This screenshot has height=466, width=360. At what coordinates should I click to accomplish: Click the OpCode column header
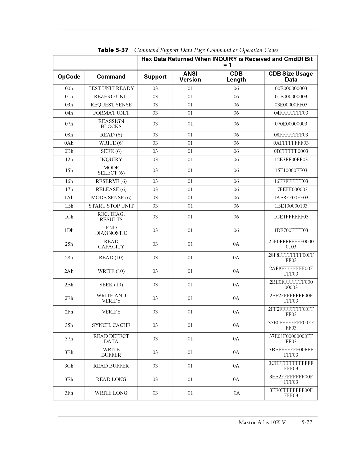[x=69, y=77]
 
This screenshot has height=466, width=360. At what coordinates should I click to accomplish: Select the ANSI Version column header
[x=190, y=77]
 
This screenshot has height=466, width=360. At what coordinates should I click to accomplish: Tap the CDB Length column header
[x=236, y=77]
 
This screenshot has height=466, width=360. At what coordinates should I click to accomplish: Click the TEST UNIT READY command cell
[x=111, y=88]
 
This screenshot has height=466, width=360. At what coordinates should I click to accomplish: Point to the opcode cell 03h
[x=69, y=105]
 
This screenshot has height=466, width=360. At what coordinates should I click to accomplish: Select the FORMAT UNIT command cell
[x=111, y=113]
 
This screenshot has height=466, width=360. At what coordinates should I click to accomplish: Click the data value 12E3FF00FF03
[x=291, y=160]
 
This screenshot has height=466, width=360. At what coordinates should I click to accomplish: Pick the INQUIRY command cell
[x=111, y=160]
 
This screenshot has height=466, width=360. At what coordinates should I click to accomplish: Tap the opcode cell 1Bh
[x=69, y=206]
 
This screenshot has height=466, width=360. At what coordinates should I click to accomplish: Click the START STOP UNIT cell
[x=111, y=206]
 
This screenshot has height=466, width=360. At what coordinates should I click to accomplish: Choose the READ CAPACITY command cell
[x=111, y=244]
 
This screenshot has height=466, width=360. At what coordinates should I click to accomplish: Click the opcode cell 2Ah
[x=69, y=271]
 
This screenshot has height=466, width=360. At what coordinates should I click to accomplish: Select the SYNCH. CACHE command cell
[x=111, y=325]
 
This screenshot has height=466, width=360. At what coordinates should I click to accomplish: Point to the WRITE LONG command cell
[x=111, y=393]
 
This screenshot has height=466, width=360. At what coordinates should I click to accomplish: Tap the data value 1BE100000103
[x=291, y=206]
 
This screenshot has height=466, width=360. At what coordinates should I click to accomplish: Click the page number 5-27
[x=307, y=423]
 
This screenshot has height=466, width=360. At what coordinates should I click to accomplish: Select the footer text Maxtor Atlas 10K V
[x=262, y=423]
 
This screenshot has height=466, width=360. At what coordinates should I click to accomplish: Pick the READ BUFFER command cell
[x=111, y=366]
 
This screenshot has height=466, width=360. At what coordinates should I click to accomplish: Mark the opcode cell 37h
[x=69, y=339]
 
